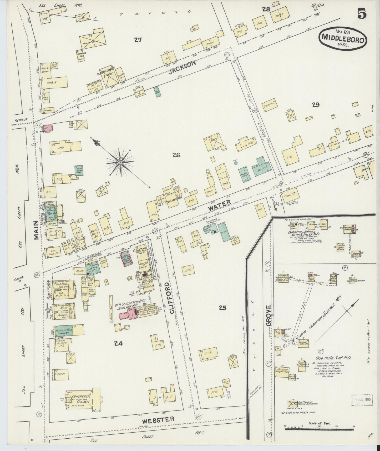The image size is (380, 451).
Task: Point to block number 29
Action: (x=316, y=105)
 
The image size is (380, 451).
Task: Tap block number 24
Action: (x=119, y=343)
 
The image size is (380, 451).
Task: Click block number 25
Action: (x=222, y=307)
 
